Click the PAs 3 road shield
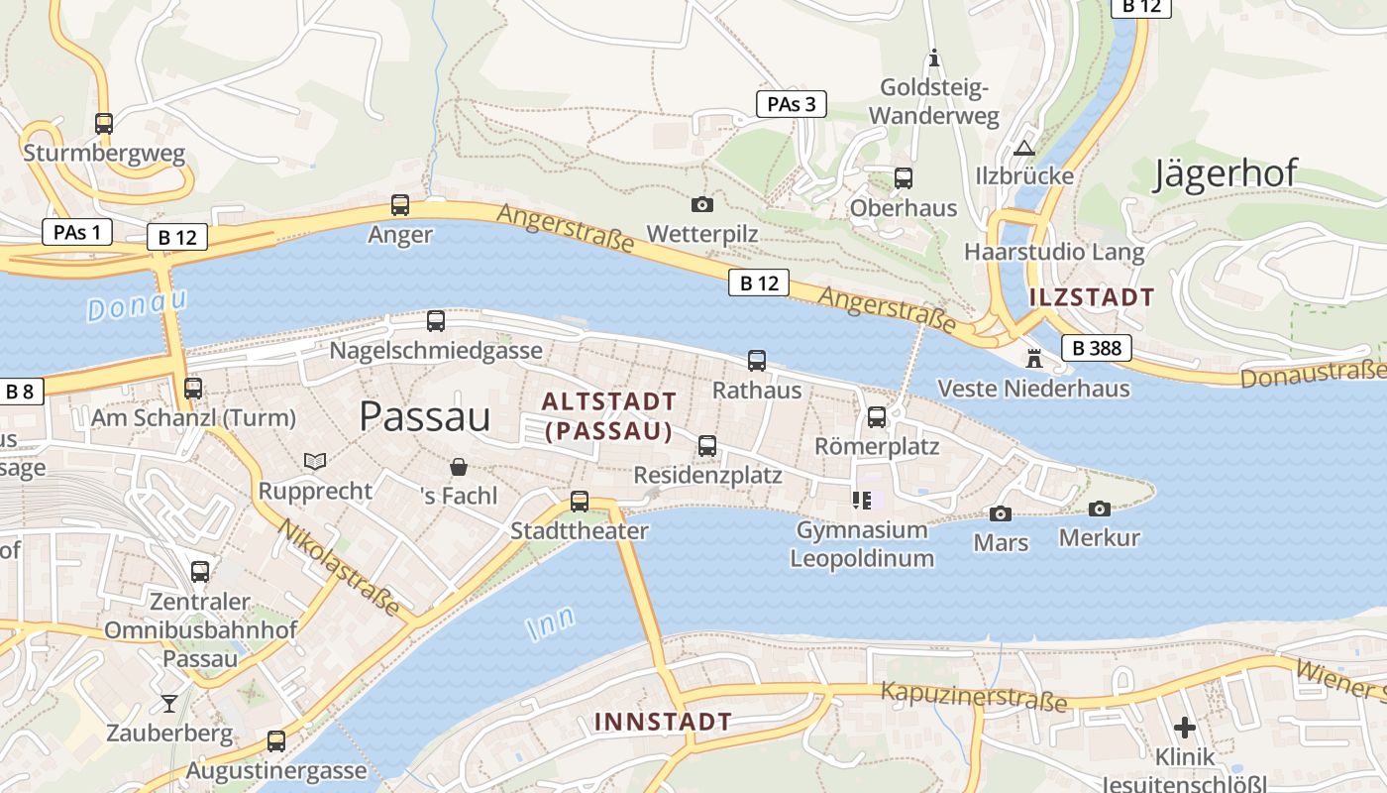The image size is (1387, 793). (x=791, y=104)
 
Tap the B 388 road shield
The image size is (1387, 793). (x=1096, y=348)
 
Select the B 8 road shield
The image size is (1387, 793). (x=20, y=392)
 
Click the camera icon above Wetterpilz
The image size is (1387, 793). (x=701, y=204)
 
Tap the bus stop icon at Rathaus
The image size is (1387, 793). (x=757, y=361)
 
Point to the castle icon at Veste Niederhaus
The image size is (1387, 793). (x=1034, y=358)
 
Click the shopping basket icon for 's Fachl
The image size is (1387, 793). (x=459, y=466)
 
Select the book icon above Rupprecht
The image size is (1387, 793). (x=315, y=462)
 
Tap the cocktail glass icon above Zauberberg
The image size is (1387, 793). (x=169, y=704)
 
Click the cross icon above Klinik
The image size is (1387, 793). (x=1184, y=727)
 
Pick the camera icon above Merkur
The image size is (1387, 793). (x=1099, y=509)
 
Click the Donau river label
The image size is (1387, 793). (x=137, y=304)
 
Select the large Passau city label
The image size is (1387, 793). (x=425, y=416)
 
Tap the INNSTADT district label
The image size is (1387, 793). (x=663, y=722)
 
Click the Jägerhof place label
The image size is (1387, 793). (x=1226, y=173)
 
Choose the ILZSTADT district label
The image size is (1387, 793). (x=1091, y=296)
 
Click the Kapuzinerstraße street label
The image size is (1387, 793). (x=974, y=697)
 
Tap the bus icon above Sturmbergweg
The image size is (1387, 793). (x=104, y=123)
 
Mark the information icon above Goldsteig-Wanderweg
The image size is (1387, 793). (x=932, y=58)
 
